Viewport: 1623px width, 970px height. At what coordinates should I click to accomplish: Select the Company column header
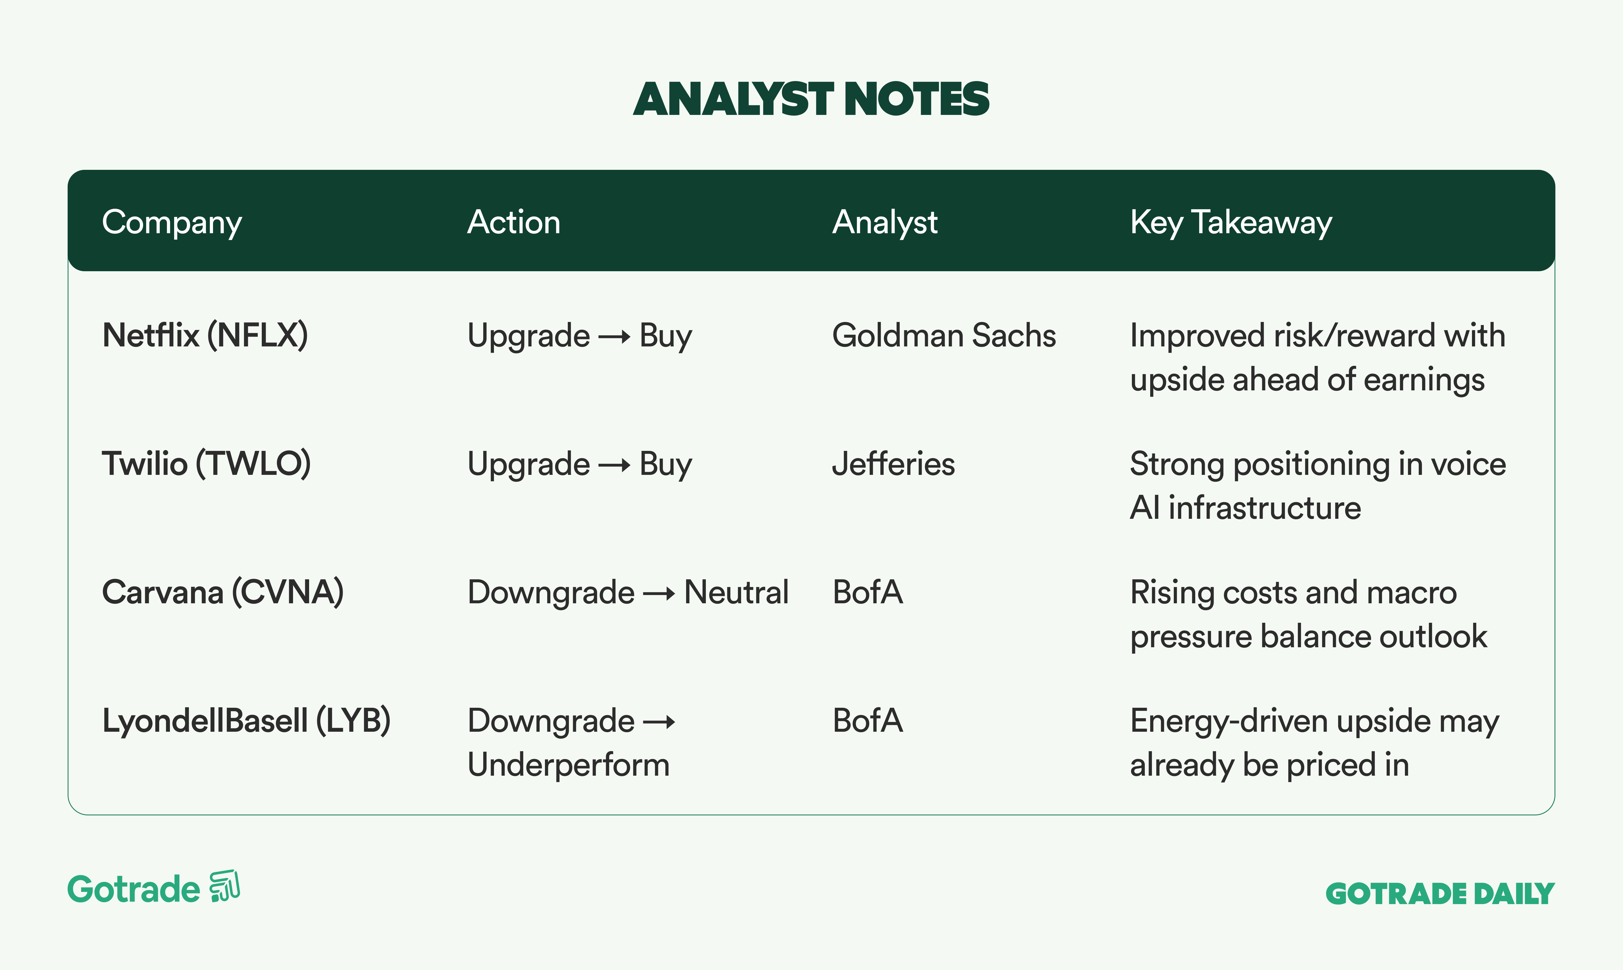coord(172,223)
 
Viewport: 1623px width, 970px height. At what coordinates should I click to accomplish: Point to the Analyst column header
coord(885,223)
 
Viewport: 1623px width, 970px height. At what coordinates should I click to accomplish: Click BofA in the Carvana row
coord(868,592)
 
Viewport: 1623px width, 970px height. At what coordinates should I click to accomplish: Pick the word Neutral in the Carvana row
coord(736,592)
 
